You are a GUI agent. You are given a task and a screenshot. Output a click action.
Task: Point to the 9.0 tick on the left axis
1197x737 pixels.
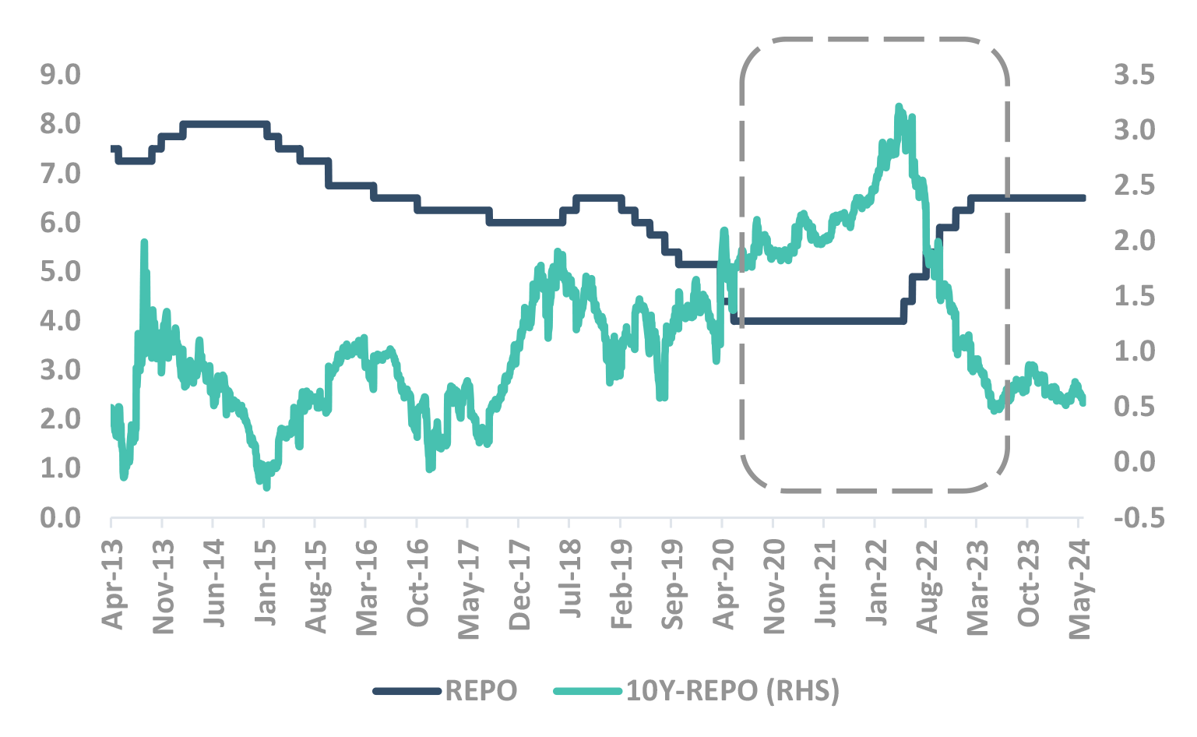[x=61, y=75]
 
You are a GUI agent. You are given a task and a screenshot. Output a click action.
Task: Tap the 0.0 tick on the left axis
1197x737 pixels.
[x=61, y=517]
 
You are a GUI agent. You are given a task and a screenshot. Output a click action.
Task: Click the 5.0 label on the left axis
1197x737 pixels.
[x=61, y=271]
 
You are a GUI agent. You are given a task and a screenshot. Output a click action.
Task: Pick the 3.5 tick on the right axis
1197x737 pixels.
[x=1134, y=75]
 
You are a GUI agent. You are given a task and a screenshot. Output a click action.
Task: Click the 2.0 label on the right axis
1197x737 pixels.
[x=1134, y=240]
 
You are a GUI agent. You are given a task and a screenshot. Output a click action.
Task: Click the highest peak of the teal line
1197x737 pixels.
[x=899, y=106]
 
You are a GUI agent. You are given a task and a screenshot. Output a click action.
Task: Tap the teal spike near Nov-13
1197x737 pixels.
[x=144, y=242]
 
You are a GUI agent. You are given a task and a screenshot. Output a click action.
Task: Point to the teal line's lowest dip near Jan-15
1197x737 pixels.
[x=266, y=488]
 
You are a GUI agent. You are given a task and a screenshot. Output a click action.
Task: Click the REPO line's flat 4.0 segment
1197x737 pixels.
[x=818, y=320]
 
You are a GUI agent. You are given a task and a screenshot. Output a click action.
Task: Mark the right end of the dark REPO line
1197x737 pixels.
[x=1083, y=198]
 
